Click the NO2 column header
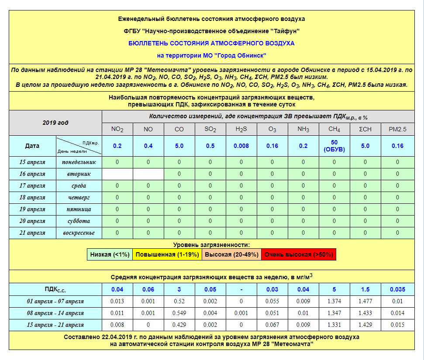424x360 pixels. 117,129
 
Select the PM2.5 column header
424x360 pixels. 397,129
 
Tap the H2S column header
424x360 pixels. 241,129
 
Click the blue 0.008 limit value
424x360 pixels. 241,146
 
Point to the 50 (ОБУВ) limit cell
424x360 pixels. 334,146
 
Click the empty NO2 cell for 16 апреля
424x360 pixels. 117,174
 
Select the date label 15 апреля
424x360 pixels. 32,162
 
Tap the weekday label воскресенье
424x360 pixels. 79,233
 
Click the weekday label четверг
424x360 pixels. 79,197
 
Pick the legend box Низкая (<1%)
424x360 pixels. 110,254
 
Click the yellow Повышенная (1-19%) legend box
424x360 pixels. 167,254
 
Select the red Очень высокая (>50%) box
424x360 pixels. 299,254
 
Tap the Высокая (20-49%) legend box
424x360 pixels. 231,254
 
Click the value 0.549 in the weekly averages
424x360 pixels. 179,313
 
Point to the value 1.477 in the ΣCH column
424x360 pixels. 366,301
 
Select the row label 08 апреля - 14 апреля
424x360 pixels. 55,313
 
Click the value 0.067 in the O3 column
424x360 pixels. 272,325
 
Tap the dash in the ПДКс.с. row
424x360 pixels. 241,289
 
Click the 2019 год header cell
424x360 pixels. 55,123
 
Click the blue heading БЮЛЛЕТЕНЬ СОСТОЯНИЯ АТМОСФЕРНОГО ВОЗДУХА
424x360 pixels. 211,43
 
